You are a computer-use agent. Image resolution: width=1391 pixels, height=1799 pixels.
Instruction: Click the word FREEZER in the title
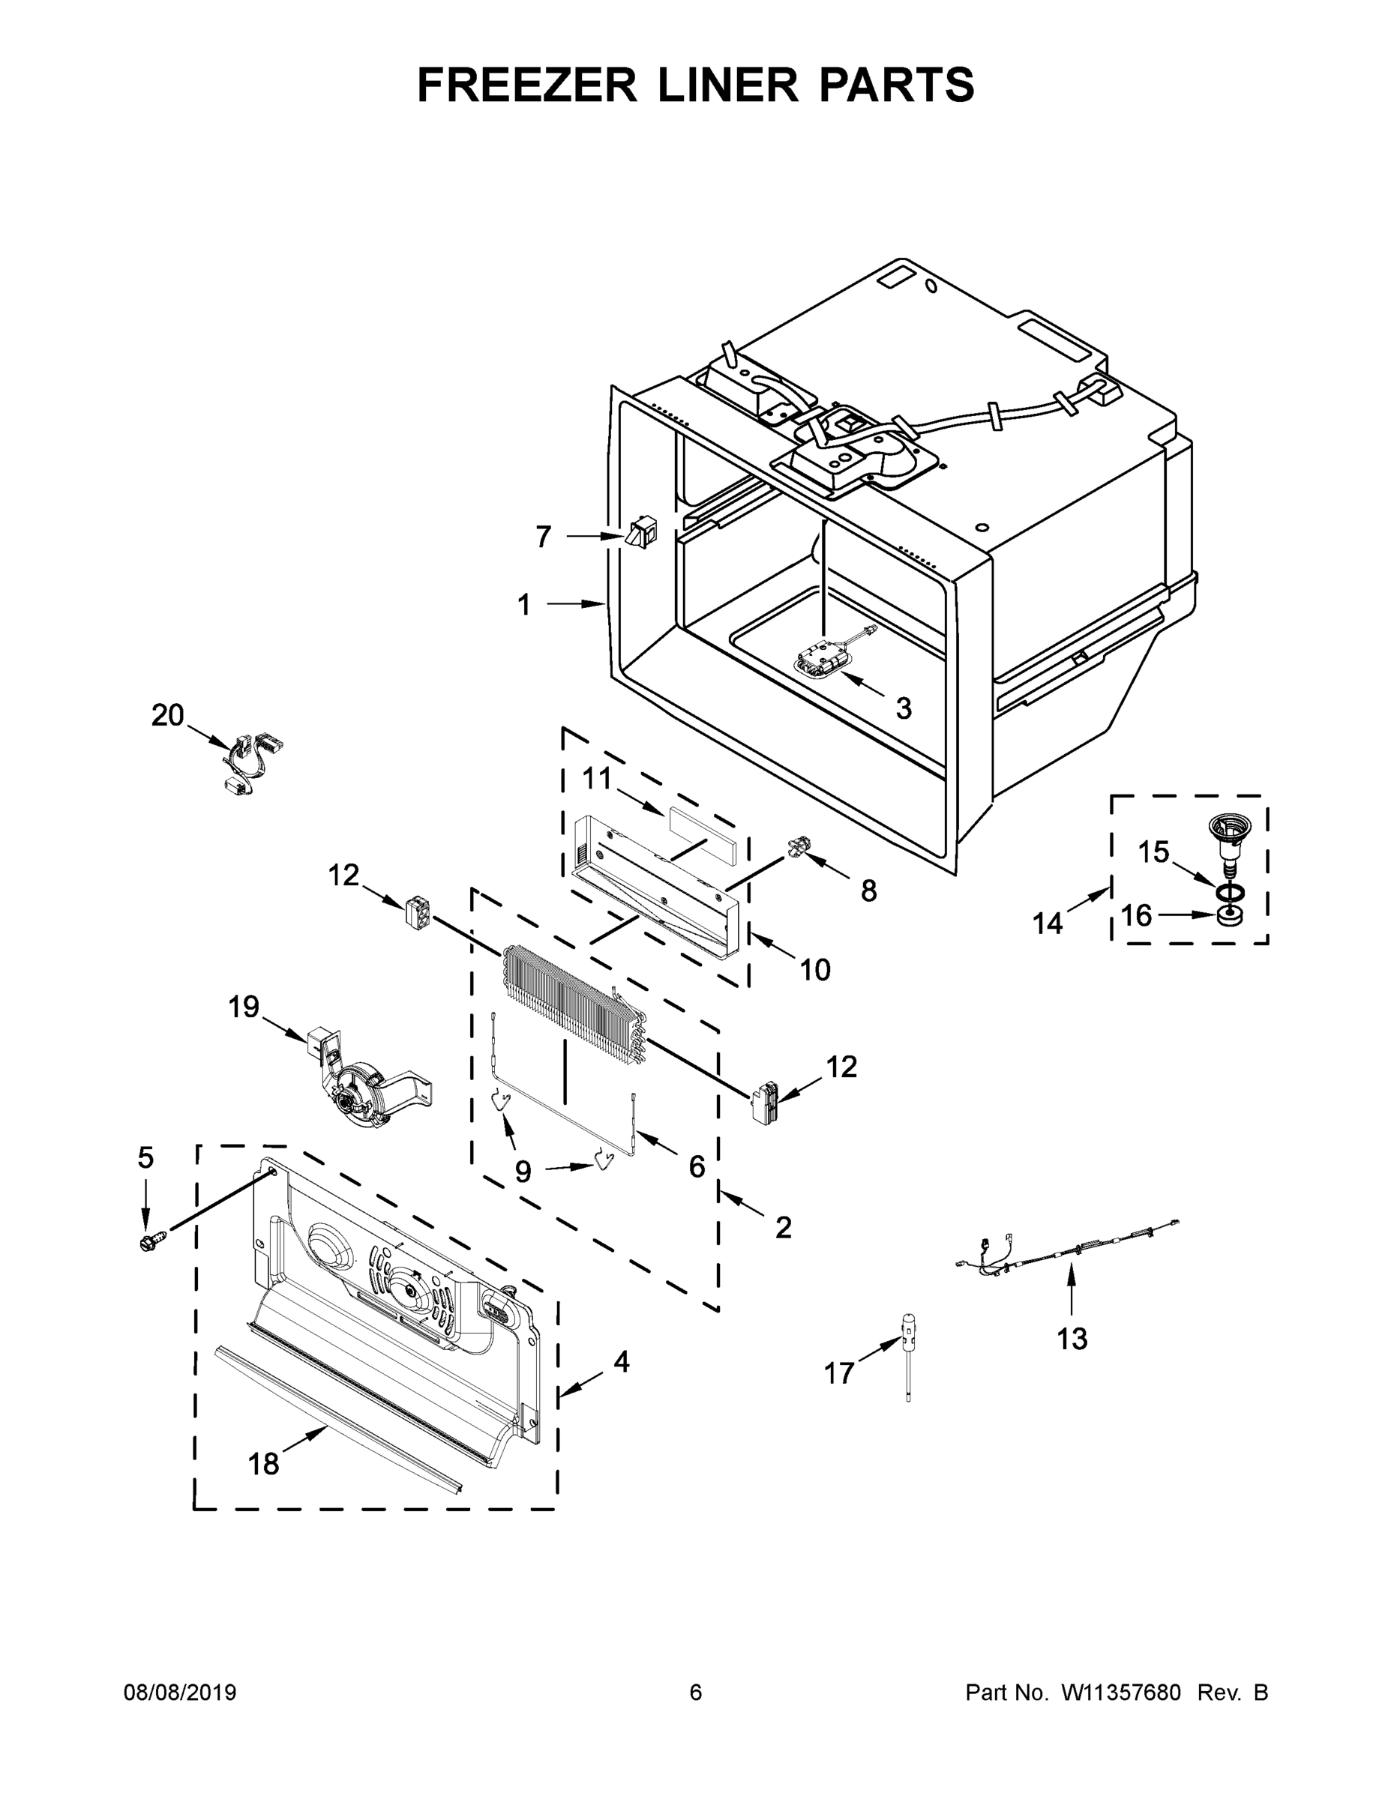point(527,85)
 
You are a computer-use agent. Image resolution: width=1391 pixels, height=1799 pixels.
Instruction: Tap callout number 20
point(167,716)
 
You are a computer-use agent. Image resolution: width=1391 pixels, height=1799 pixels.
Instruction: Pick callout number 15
point(1154,852)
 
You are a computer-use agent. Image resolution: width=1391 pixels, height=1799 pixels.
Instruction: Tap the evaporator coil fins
point(568,997)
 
